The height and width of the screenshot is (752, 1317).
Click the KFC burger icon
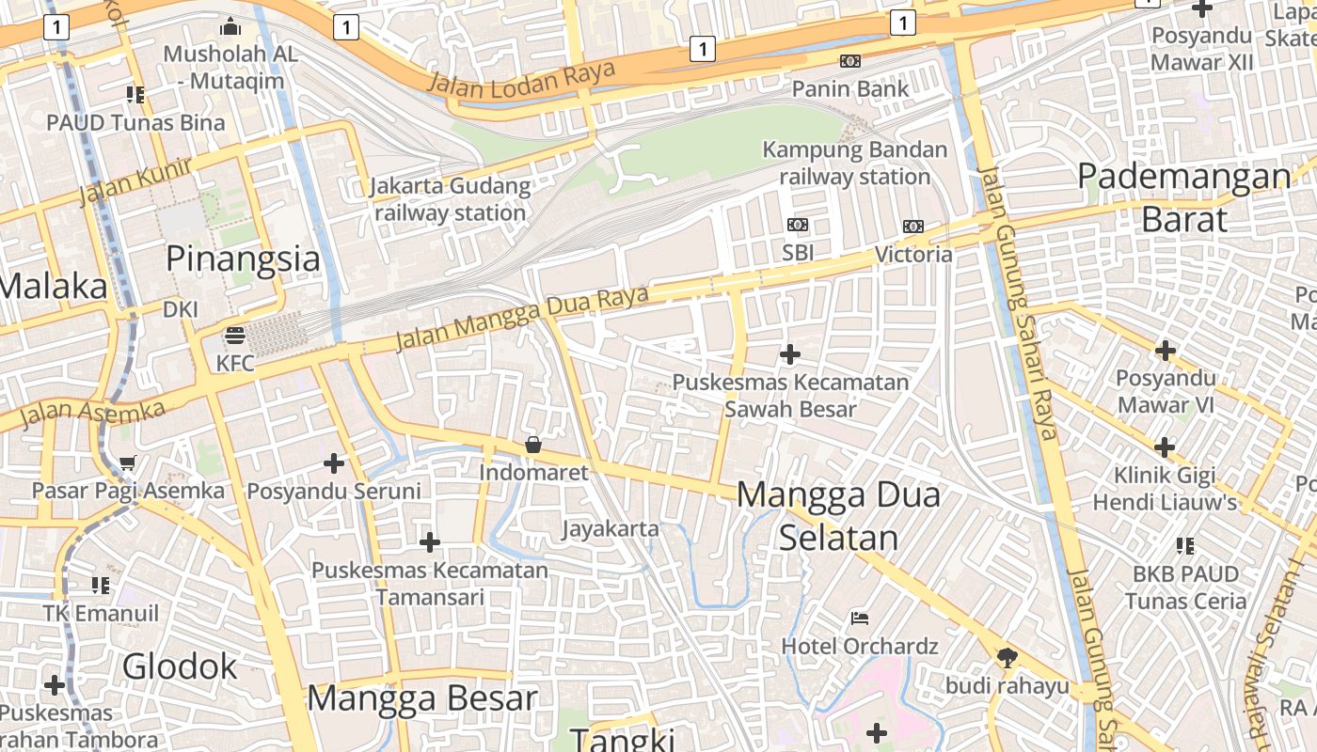pos(234,336)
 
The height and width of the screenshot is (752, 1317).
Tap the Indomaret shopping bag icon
pos(533,445)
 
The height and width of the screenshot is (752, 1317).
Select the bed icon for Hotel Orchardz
pos(859,619)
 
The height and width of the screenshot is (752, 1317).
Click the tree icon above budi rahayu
pos(1008,658)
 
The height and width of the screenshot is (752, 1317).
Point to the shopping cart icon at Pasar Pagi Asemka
pos(128,462)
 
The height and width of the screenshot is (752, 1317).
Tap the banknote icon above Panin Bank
pos(849,61)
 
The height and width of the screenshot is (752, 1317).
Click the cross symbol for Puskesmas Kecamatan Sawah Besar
pos(790,354)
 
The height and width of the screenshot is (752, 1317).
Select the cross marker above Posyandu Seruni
pos(333,463)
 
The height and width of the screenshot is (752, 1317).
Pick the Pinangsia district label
pos(243,258)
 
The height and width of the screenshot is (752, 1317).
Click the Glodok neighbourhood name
pos(180,666)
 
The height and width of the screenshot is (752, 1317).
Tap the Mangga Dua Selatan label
pos(838,515)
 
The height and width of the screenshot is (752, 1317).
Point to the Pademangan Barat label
pos(1184,196)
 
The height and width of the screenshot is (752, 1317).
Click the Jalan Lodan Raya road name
pos(522,76)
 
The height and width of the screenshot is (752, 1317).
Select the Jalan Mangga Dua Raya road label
pos(522,318)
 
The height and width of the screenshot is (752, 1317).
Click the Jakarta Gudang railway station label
pos(450,199)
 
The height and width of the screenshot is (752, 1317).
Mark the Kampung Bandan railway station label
pos(854,163)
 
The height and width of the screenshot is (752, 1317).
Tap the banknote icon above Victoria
pos(912,227)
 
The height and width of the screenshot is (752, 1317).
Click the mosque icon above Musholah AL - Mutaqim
pos(230,26)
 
